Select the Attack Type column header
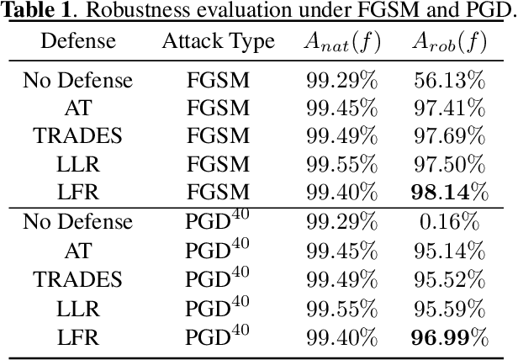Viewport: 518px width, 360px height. pyautogui.click(x=218, y=42)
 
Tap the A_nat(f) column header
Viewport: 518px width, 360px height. pyautogui.click(x=342, y=42)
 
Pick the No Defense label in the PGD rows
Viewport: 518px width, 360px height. pyautogui.click(x=77, y=223)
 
